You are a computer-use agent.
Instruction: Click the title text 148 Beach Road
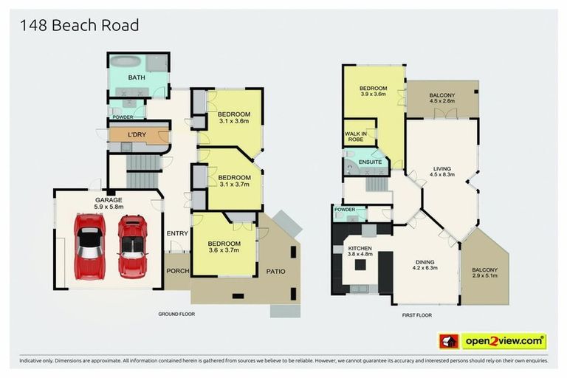click(x=79, y=26)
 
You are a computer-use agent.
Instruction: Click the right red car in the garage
click(x=133, y=244)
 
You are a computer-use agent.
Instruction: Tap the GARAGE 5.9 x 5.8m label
click(x=108, y=204)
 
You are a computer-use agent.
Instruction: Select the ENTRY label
click(x=177, y=234)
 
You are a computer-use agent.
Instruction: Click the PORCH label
click(x=176, y=270)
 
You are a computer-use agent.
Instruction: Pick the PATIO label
click(x=275, y=271)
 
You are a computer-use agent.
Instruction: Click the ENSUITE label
click(x=370, y=162)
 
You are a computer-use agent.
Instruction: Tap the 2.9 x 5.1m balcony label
click(x=485, y=274)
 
